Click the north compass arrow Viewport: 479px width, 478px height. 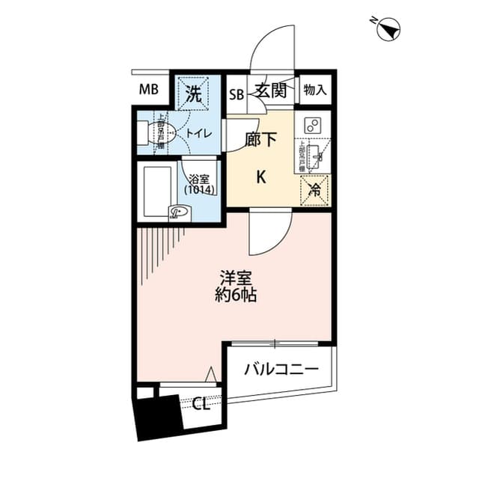click(388, 29)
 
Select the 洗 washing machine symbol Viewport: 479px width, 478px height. click(194, 94)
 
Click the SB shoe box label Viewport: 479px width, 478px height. click(237, 94)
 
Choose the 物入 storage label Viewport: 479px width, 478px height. click(315, 91)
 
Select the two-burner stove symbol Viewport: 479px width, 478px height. click(314, 125)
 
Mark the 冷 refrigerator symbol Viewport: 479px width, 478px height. click(315, 191)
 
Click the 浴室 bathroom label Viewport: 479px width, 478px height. click(199, 179)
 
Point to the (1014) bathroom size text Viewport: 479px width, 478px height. click(200, 190)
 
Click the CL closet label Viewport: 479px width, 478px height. click(200, 405)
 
